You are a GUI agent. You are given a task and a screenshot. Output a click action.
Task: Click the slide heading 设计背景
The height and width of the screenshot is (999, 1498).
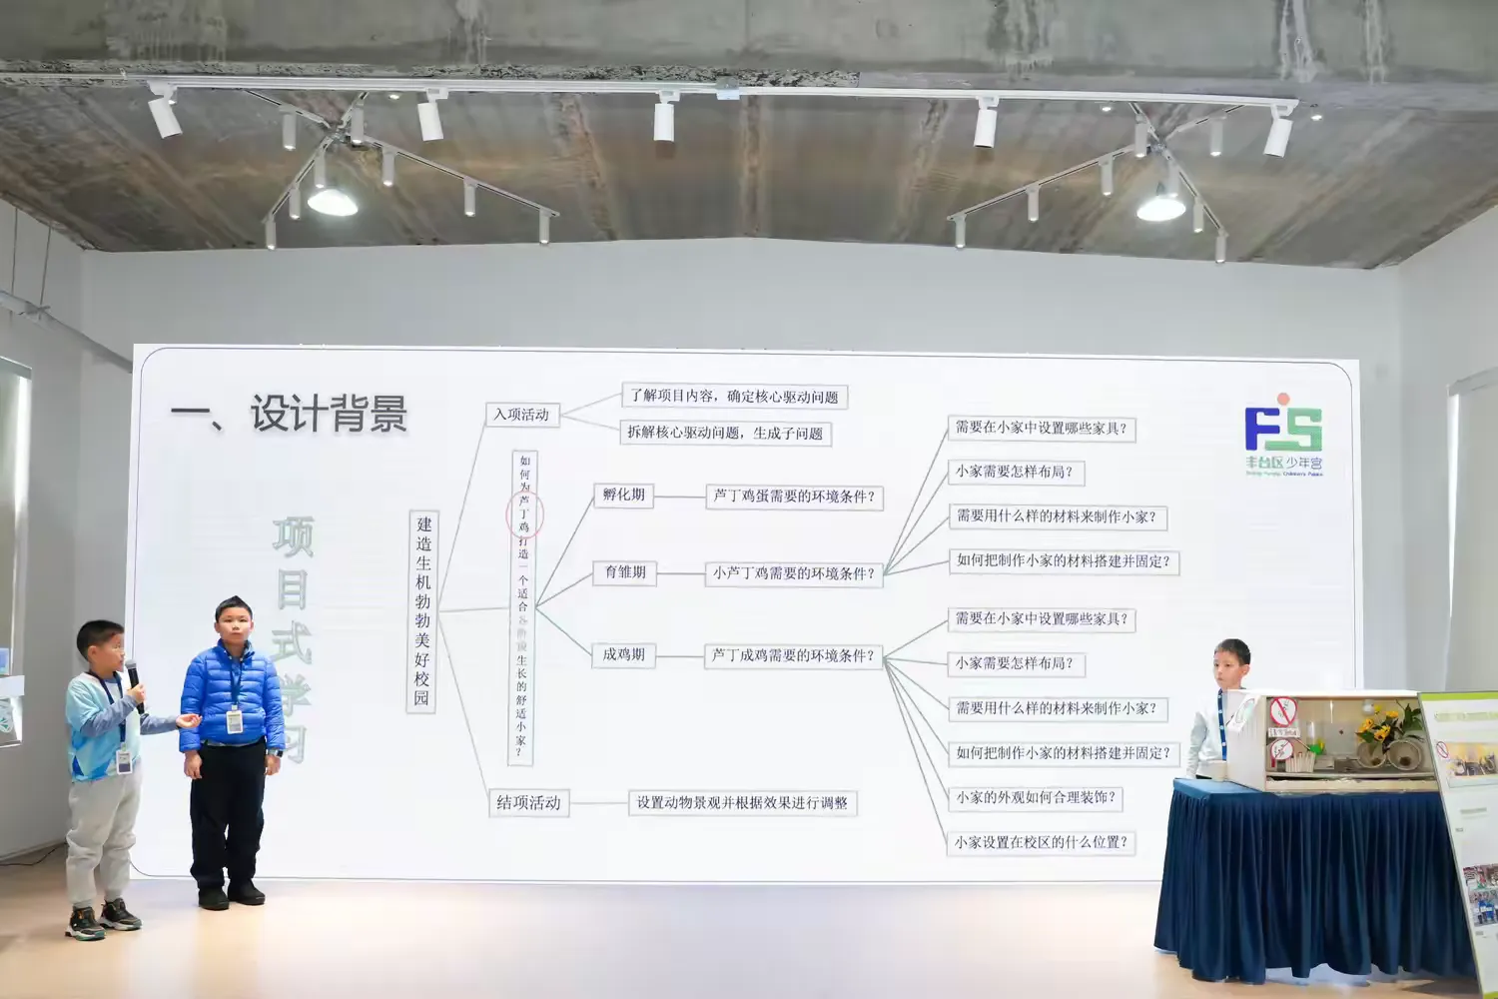pyautogui.click(x=329, y=414)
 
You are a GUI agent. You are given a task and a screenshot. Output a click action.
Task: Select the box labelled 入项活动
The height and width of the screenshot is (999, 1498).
pyautogui.click(x=522, y=415)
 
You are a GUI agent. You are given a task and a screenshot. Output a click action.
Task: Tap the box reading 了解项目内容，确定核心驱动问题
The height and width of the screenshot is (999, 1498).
pyautogui.click(x=734, y=397)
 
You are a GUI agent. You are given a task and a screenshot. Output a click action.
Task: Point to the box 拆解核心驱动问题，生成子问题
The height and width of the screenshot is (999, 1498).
pyautogui.click(x=725, y=433)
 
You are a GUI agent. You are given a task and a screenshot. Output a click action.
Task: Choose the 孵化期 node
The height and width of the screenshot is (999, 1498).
pyautogui.click(x=624, y=495)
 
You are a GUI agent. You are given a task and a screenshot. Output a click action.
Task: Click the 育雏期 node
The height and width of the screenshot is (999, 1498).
pyautogui.click(x=625, y=572)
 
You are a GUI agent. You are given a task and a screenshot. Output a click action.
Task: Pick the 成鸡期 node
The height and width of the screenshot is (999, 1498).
pyautogui.click(x=624, y=655)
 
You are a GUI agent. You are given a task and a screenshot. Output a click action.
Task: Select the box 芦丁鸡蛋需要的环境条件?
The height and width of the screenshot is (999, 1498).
pyautogui.click(x=794, y=497)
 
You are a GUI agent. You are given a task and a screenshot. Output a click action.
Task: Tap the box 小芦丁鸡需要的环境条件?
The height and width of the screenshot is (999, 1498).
pyautogui.click(x=794, y=573)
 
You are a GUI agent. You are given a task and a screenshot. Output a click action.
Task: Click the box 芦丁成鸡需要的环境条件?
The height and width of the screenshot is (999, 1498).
pyautogui.click(x=794, y=656)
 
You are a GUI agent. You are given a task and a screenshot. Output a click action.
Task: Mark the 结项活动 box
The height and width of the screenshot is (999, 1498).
pyautogui.click(x=528, y=802)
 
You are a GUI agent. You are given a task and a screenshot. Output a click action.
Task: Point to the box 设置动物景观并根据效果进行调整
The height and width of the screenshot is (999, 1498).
pyautogui.click(x=742, y=802)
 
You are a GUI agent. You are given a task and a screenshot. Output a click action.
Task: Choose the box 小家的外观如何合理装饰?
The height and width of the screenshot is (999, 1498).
pyautogui.click(x=1036, y=797)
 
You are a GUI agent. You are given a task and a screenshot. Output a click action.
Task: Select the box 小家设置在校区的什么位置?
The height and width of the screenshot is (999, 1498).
pyautogui.click(x=1041, y=842)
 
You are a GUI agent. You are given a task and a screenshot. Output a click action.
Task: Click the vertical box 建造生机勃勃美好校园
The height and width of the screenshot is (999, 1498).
pyautogui.click(x=422, y=610)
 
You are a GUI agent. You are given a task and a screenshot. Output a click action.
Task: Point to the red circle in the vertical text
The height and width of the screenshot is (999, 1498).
pyautogui.click(x=524, y=514)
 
